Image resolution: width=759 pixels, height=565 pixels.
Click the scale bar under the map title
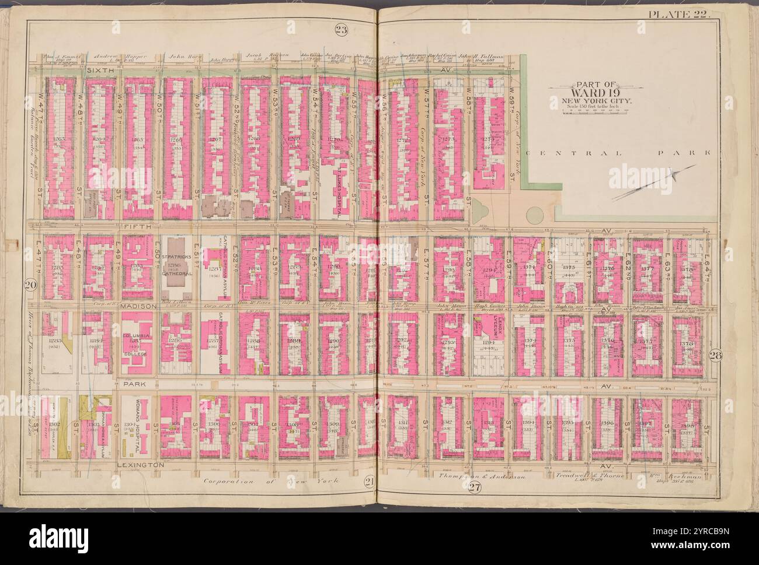coord(593,110)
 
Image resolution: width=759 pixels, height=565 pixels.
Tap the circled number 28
coord(715,356)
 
